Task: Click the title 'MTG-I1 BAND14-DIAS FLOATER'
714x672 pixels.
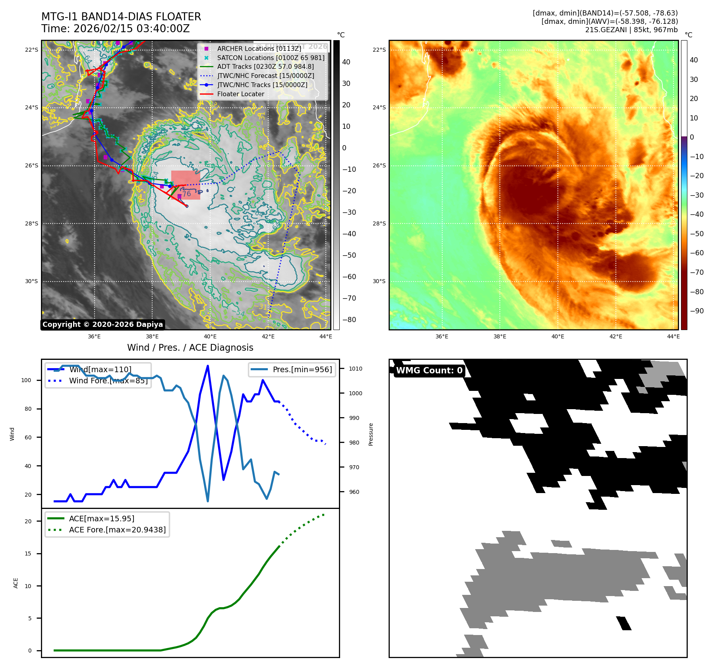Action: pyautogui.click(x=121, y=17)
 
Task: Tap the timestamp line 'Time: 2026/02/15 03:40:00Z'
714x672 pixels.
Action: pyautogui.click(x=116, y=29)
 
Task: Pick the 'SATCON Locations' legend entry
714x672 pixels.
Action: pyautogui.click(x=271, y=58)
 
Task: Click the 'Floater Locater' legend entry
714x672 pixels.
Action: pyautogui.click(x=240, y=94)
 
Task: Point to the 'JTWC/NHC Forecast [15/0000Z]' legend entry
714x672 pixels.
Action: pyautogui.click(x=265, y=76)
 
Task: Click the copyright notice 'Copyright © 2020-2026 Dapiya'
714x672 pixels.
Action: pyautogui.click(x=103, y=324)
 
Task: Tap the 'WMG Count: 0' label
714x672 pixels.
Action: pyautogui.click(x=429, y=371)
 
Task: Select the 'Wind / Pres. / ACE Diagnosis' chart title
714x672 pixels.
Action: pyautogui.click(x=190, y=348)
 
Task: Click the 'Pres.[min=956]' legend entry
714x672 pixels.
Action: pyautogui.click(x=302, y=369)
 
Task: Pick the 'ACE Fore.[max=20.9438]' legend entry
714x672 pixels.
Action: pyautogui.click(x=117, y=530)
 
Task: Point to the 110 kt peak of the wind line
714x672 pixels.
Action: pyautogui.click(x=208, y=366)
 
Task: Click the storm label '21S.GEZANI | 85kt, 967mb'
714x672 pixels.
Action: pyautogui.click(x=631, y=30)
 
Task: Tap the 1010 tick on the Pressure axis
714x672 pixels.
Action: pyautogui.click(x=356, y=369)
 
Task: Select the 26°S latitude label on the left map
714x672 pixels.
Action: pyautogui.click(x=32, y=165)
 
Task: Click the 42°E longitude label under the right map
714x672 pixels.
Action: pyautogui.click(x=615, y=336)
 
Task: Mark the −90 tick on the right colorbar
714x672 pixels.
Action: pyautogui.click(x=697, y=311)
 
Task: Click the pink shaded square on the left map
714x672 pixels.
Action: pyautogui.click(x=186, y=185)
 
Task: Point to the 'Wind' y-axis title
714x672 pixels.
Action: pyautogui.click(x=12, y=434)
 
